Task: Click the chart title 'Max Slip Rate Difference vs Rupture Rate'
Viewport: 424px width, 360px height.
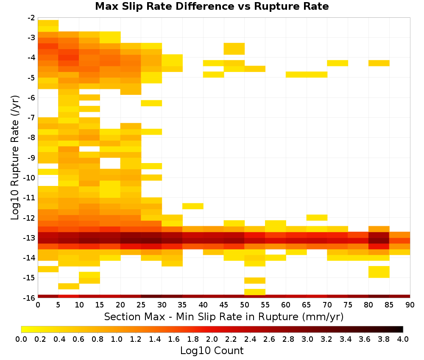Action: [x=212, y=6]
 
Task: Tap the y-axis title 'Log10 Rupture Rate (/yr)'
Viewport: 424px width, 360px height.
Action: [x=15, y=158]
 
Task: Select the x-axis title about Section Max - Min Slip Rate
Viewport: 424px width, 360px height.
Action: [x=224, y=316]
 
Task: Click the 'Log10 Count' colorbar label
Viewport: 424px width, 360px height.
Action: [x=212, y=351]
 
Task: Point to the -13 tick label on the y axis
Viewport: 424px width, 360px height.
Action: [x=31, y=238]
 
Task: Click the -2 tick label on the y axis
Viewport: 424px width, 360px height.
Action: [x=31, y=18]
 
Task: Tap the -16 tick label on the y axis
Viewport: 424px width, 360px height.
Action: [x=31, y=298]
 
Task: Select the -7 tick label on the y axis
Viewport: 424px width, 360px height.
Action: [x=31, y=118]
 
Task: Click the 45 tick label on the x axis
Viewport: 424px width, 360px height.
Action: [x=223, y=305]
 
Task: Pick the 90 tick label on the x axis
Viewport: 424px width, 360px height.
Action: [x=410, y=305]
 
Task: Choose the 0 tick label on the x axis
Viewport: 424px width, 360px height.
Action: [x=38, y=305]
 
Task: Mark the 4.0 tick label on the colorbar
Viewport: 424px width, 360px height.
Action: [x=403, y=339]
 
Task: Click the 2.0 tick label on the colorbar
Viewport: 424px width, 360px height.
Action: [x=212, y=339]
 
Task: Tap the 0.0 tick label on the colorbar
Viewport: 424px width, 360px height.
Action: [x=21, y=339]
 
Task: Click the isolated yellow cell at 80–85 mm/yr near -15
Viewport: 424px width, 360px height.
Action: [x=379, y=272]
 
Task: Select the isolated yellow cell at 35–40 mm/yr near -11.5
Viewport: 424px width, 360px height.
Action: [x=193, y=206]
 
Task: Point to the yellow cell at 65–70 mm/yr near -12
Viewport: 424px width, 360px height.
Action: [x=317, y=217]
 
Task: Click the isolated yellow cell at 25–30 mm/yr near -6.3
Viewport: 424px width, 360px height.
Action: [x=151, y=103]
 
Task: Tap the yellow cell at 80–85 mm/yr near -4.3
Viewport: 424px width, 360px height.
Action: [x=379, y=63]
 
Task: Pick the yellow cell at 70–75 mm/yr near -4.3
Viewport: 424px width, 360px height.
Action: [x=338, y=63]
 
